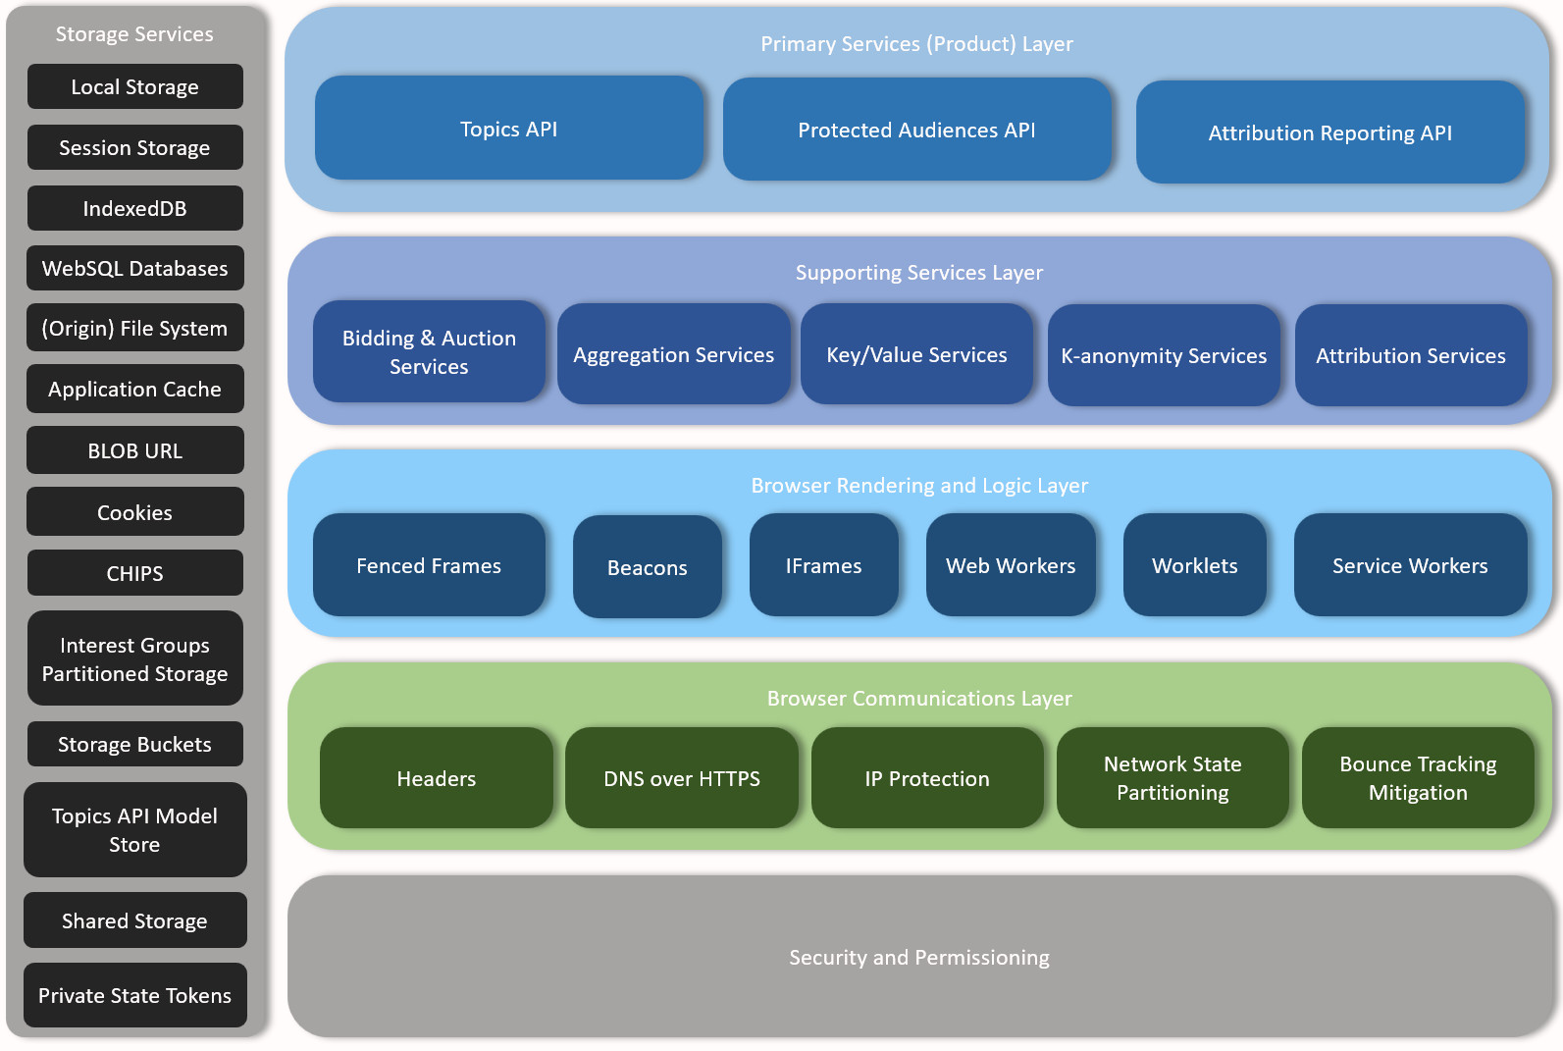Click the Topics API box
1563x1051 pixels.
tap(508, 129)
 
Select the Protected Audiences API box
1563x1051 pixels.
tap(916, 130)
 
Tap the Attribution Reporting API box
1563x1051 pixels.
tap(1329, 132)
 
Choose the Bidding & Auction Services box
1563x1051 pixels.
tap(429, 351)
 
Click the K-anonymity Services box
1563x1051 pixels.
tap(1163, 355)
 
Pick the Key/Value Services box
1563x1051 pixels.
tap(916, 354)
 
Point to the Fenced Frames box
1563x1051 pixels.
tap(429, 565)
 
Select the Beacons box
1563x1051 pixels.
tap(647, 567)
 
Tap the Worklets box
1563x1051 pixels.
tap(1194, 565)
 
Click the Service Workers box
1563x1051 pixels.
tap(1409, 565)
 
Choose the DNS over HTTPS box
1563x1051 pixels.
tap(681, 778)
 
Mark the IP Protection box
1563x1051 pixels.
tap(926, 778)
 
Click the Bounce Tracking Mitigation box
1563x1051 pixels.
tap(1417, 778)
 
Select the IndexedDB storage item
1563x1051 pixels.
tap(134, 208)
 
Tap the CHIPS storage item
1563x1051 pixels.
tap(134, 573)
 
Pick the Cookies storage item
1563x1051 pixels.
tap(134, 512)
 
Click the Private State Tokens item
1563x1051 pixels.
tap(134, 995)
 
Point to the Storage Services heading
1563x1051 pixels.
tap(134, 34)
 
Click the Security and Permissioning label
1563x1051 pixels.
tap(918, 957)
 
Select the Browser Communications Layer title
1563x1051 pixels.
tap(918, 698)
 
